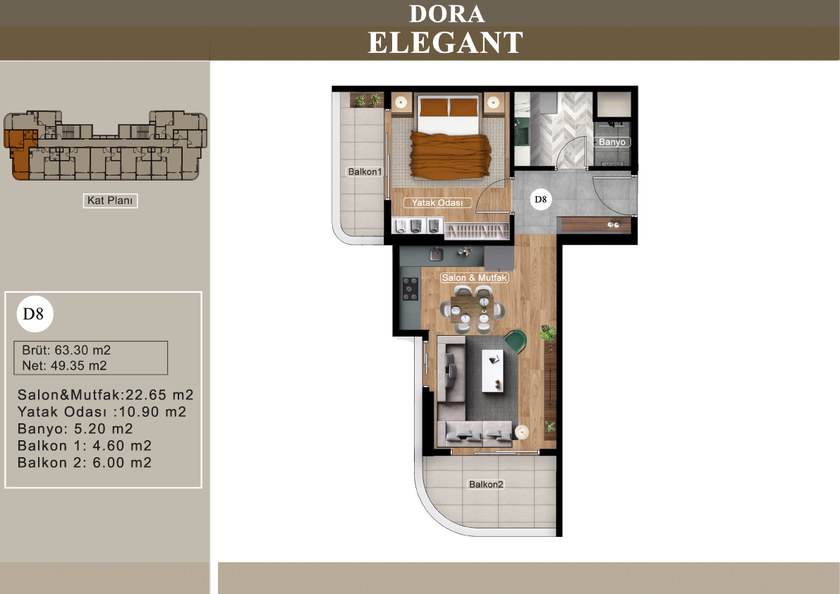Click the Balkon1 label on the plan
[365, 171]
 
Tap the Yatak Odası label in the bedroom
[437, 202]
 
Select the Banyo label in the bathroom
[611, 142]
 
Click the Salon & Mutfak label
[474, 277]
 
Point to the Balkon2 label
[486, 484]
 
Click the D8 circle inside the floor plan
[540, 199]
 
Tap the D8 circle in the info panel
[35, 314]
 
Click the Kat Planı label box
[110, 200]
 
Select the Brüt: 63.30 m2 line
[66, 350]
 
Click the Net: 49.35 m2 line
[64, 365]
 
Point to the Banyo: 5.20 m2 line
[75, 428]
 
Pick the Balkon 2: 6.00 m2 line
[85, 462]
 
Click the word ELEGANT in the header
[445, 43]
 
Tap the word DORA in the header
[446, 14]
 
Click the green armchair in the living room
[516, 341]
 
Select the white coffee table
[492, 370]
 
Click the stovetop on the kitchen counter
[410, 289]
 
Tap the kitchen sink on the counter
[437, 253]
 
